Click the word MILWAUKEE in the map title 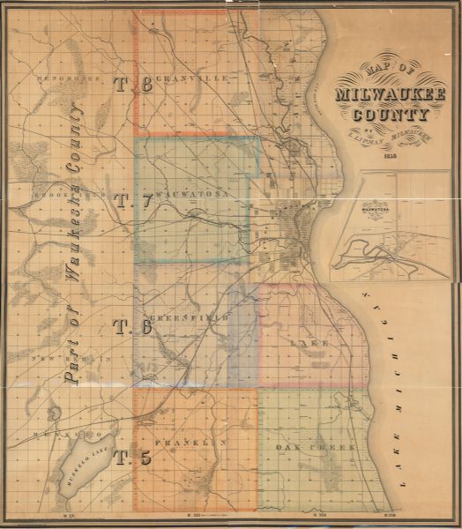pos(389,95)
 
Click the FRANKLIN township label pos(190,442)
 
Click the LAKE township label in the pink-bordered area pos(314,342)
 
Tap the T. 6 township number pos(132,327)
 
